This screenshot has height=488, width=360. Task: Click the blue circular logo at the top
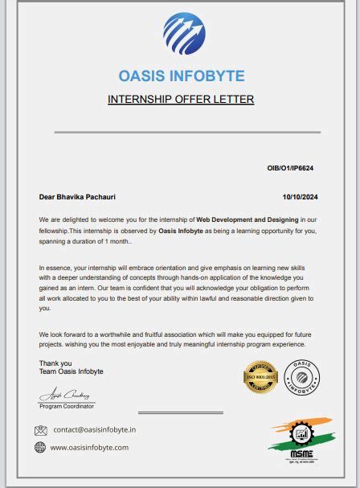(184, 34)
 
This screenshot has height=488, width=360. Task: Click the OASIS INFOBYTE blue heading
(181, 76)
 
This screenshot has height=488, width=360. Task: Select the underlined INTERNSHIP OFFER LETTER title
(181, 100)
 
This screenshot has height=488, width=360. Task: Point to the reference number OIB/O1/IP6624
(290, 168)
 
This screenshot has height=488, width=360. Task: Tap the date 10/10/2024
(301, 196)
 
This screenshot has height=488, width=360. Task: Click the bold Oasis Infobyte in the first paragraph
(181, 231)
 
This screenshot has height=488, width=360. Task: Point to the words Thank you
(55, 363)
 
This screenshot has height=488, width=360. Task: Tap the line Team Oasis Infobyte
(71, 371)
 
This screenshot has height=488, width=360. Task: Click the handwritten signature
(67, 396)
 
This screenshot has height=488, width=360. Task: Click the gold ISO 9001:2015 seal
(260, 378)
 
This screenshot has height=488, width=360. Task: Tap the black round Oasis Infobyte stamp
(301, 377)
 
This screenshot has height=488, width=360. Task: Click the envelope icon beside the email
(41, 430)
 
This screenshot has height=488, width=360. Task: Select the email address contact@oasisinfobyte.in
(94, 430)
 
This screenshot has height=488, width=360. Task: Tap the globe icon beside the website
(40, 448)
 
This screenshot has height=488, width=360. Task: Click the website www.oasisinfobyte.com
(89, 448)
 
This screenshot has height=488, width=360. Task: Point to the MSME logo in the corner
(298, 445)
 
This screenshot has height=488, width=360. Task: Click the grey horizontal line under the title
(187, 132)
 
